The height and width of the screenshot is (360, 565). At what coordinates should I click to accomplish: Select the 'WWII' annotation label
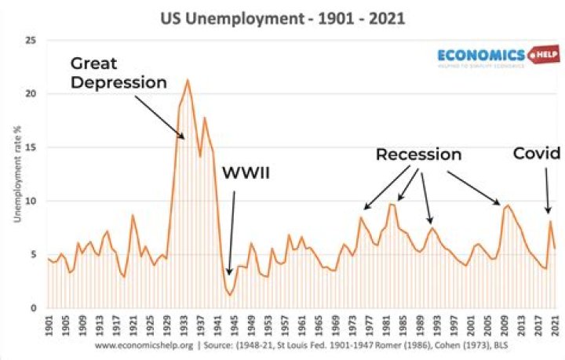click(244, 173)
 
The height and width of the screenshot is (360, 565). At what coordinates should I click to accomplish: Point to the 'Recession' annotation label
click(417, 155)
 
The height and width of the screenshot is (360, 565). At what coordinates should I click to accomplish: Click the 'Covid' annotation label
click(536, 154)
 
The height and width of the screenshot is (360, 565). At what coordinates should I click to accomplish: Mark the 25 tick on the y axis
click(31, 40)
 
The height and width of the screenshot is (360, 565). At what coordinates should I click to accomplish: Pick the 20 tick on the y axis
click(31, 94)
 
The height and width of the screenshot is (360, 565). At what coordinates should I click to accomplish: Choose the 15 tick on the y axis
click(31, 147)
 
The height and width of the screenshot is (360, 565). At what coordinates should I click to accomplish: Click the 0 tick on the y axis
click(34, 308)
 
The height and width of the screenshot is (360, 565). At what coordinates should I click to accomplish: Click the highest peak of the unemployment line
click(188, 80)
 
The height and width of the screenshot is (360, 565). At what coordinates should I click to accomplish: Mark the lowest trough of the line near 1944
click(229, 294)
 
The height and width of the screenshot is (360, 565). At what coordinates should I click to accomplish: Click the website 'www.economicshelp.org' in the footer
click(144, 345)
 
